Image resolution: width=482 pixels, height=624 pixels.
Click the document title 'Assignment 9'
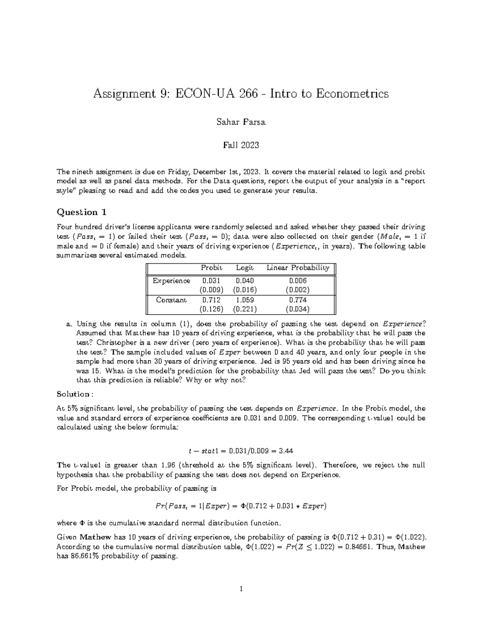[x=241, y=94]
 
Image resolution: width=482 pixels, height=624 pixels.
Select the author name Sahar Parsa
[x=241, y=122]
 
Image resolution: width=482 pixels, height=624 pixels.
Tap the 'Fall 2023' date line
[x=241, y=145]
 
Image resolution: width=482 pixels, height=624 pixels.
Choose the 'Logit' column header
[x=245, y=268]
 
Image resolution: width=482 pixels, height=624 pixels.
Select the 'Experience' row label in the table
[x=172, y=281]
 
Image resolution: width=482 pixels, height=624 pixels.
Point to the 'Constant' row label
[x=172, y=300]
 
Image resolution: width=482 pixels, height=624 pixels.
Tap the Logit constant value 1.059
[x=245, y=300]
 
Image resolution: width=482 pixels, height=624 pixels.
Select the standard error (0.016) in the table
[x=245, y=290]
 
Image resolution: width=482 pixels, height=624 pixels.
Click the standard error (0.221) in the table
[x=245, y=309]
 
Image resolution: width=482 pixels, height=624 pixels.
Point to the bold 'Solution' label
[x=73, y=394]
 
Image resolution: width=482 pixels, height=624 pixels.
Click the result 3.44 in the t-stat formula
[x=286, y=450]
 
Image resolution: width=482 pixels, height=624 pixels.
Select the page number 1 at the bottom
[x=241, y=589]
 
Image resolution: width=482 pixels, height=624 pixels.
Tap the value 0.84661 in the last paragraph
[x=353, y=547]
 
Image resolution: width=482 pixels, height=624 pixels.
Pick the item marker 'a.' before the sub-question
[x=69, y=324]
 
